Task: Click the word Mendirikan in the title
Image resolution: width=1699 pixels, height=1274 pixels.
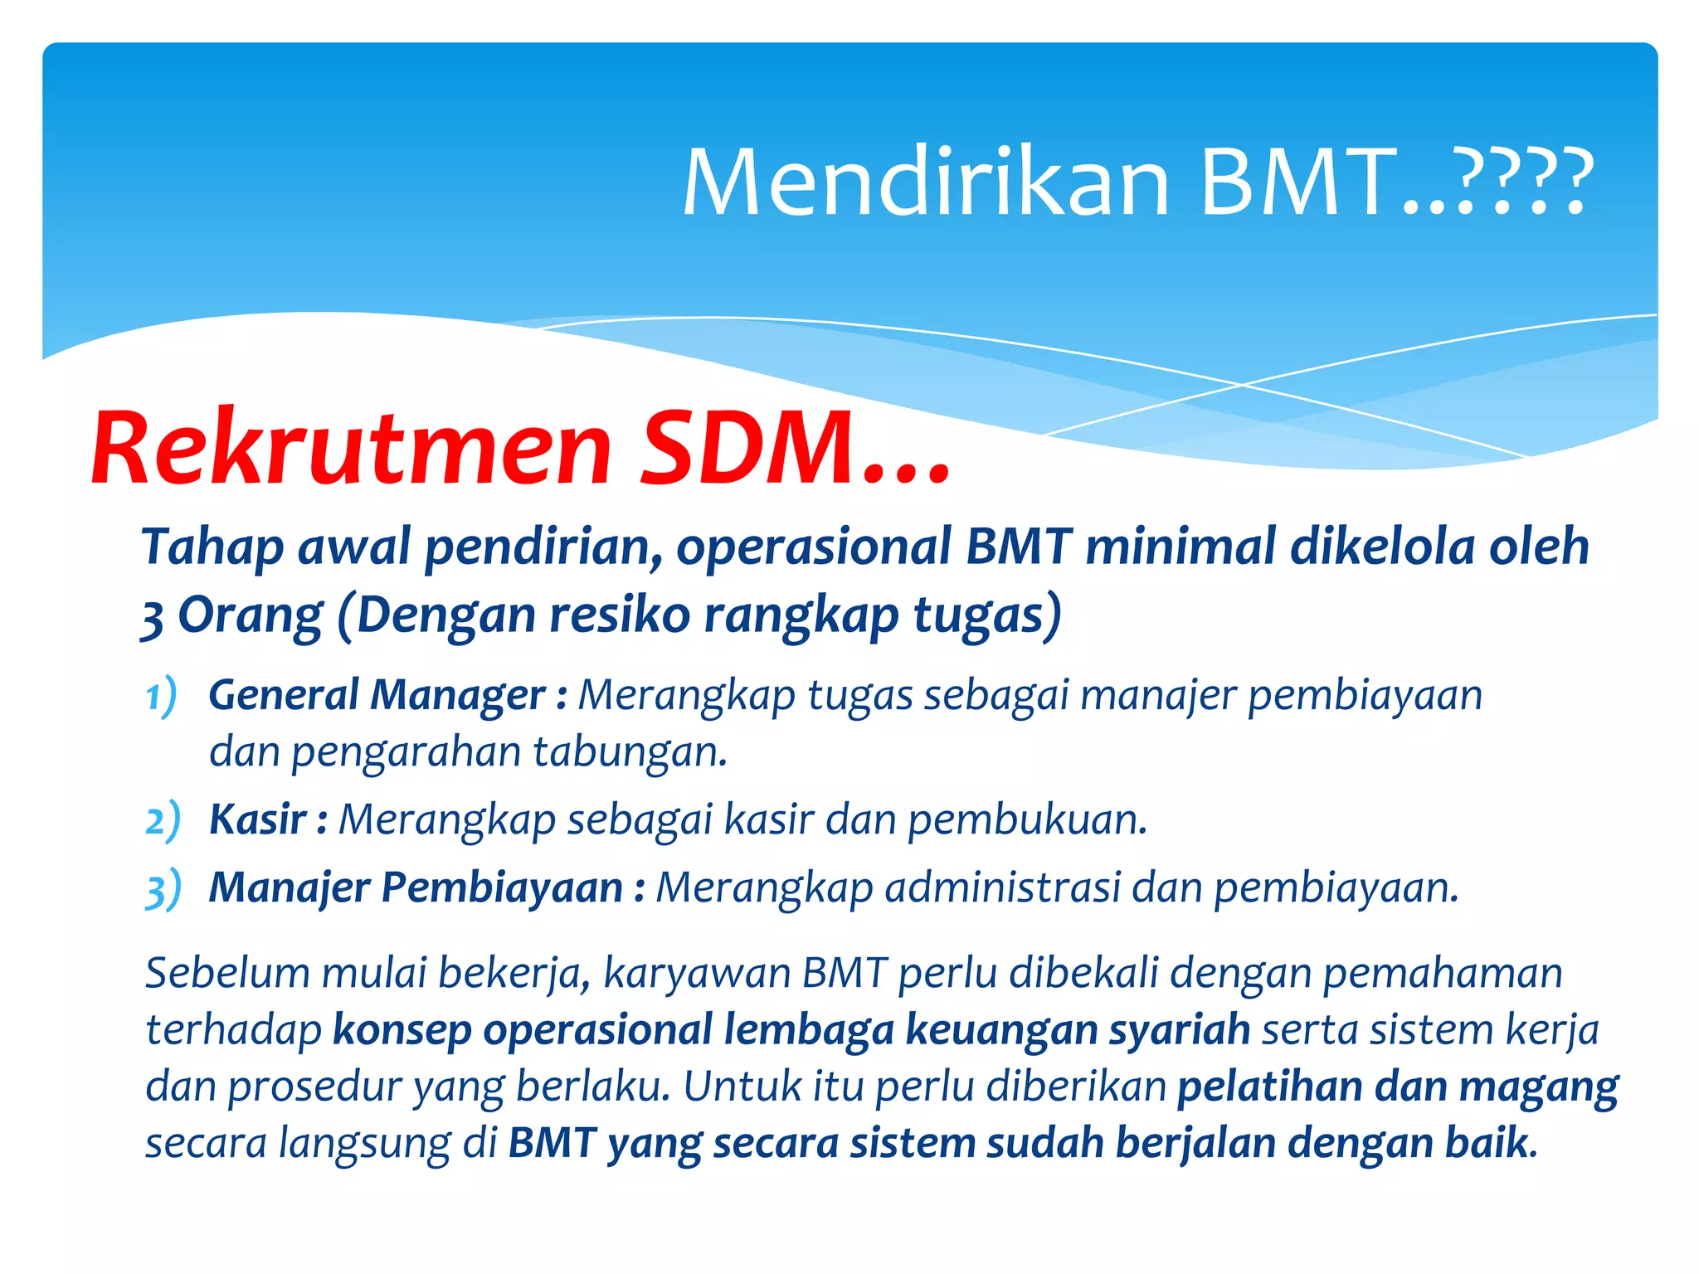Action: tap(925, 182)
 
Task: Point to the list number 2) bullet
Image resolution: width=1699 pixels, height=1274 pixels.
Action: tap(163, 820)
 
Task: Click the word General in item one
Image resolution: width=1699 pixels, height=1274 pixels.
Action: tap(283, 695)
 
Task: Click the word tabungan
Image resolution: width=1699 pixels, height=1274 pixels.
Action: tap(630, 752)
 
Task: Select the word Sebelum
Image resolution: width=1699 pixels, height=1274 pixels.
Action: tap(226, 972)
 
